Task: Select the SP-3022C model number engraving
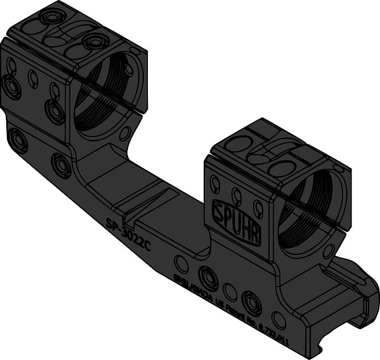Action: coord(130,230)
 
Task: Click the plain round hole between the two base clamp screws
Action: coord(230,292)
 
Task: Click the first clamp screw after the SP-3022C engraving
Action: coord(209,278)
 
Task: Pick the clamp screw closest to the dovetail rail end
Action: coord(251,302)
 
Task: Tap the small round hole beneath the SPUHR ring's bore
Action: coord(328,251)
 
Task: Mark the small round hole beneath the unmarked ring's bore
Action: coord(125,134)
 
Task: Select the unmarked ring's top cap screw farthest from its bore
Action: coord(53,16)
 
